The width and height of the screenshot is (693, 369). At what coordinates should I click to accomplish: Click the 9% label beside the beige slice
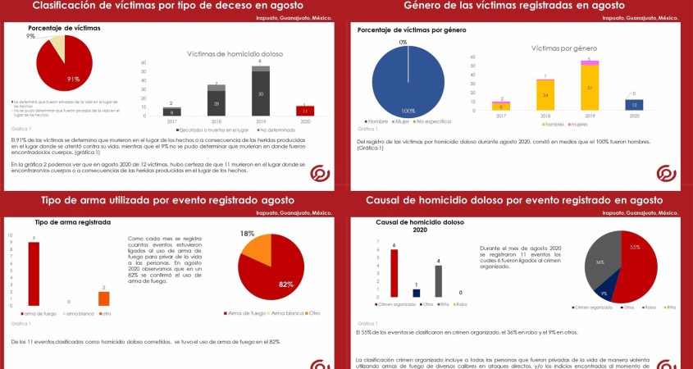point(30,37)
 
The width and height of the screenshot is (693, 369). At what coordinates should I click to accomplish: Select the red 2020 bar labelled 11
point(305,111)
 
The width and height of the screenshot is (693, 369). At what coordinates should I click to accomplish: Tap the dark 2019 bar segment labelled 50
point(261,95)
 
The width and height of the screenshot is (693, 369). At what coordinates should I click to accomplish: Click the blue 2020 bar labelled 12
point(634,105)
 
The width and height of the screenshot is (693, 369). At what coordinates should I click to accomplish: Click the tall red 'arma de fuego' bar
point(34,274)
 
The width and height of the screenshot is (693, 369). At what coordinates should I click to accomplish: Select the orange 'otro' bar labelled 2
point(103,298)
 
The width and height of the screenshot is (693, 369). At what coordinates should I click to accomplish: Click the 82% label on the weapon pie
point(285,284)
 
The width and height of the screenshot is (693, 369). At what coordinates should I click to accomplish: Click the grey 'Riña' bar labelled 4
point(439,281)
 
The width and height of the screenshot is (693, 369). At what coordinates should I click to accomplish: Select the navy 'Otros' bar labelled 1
point(416,292)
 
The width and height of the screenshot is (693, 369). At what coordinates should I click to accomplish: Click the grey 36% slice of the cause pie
point(600,261)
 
